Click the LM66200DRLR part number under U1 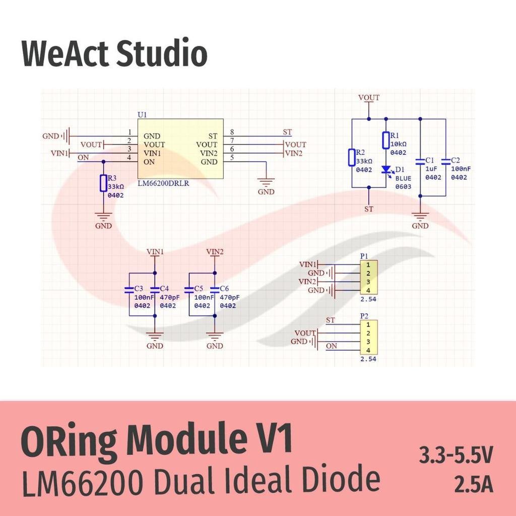[163, 183]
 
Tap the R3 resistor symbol [103, 183]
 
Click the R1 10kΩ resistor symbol [386, 140]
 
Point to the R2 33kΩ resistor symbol [352, 157]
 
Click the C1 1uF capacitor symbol [420, 162]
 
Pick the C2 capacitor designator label [456, 160]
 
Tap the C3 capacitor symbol [129, 290]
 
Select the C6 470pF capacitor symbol [215, 290]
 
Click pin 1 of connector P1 [368, 265]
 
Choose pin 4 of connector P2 [368, 350]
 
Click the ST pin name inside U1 [213, 136]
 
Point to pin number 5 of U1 [232, 158]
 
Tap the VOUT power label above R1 [369, 98]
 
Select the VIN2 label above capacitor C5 [215, 252]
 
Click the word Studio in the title [162, 53]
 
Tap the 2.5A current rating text [474, 484]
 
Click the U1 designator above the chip [142, 115]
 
